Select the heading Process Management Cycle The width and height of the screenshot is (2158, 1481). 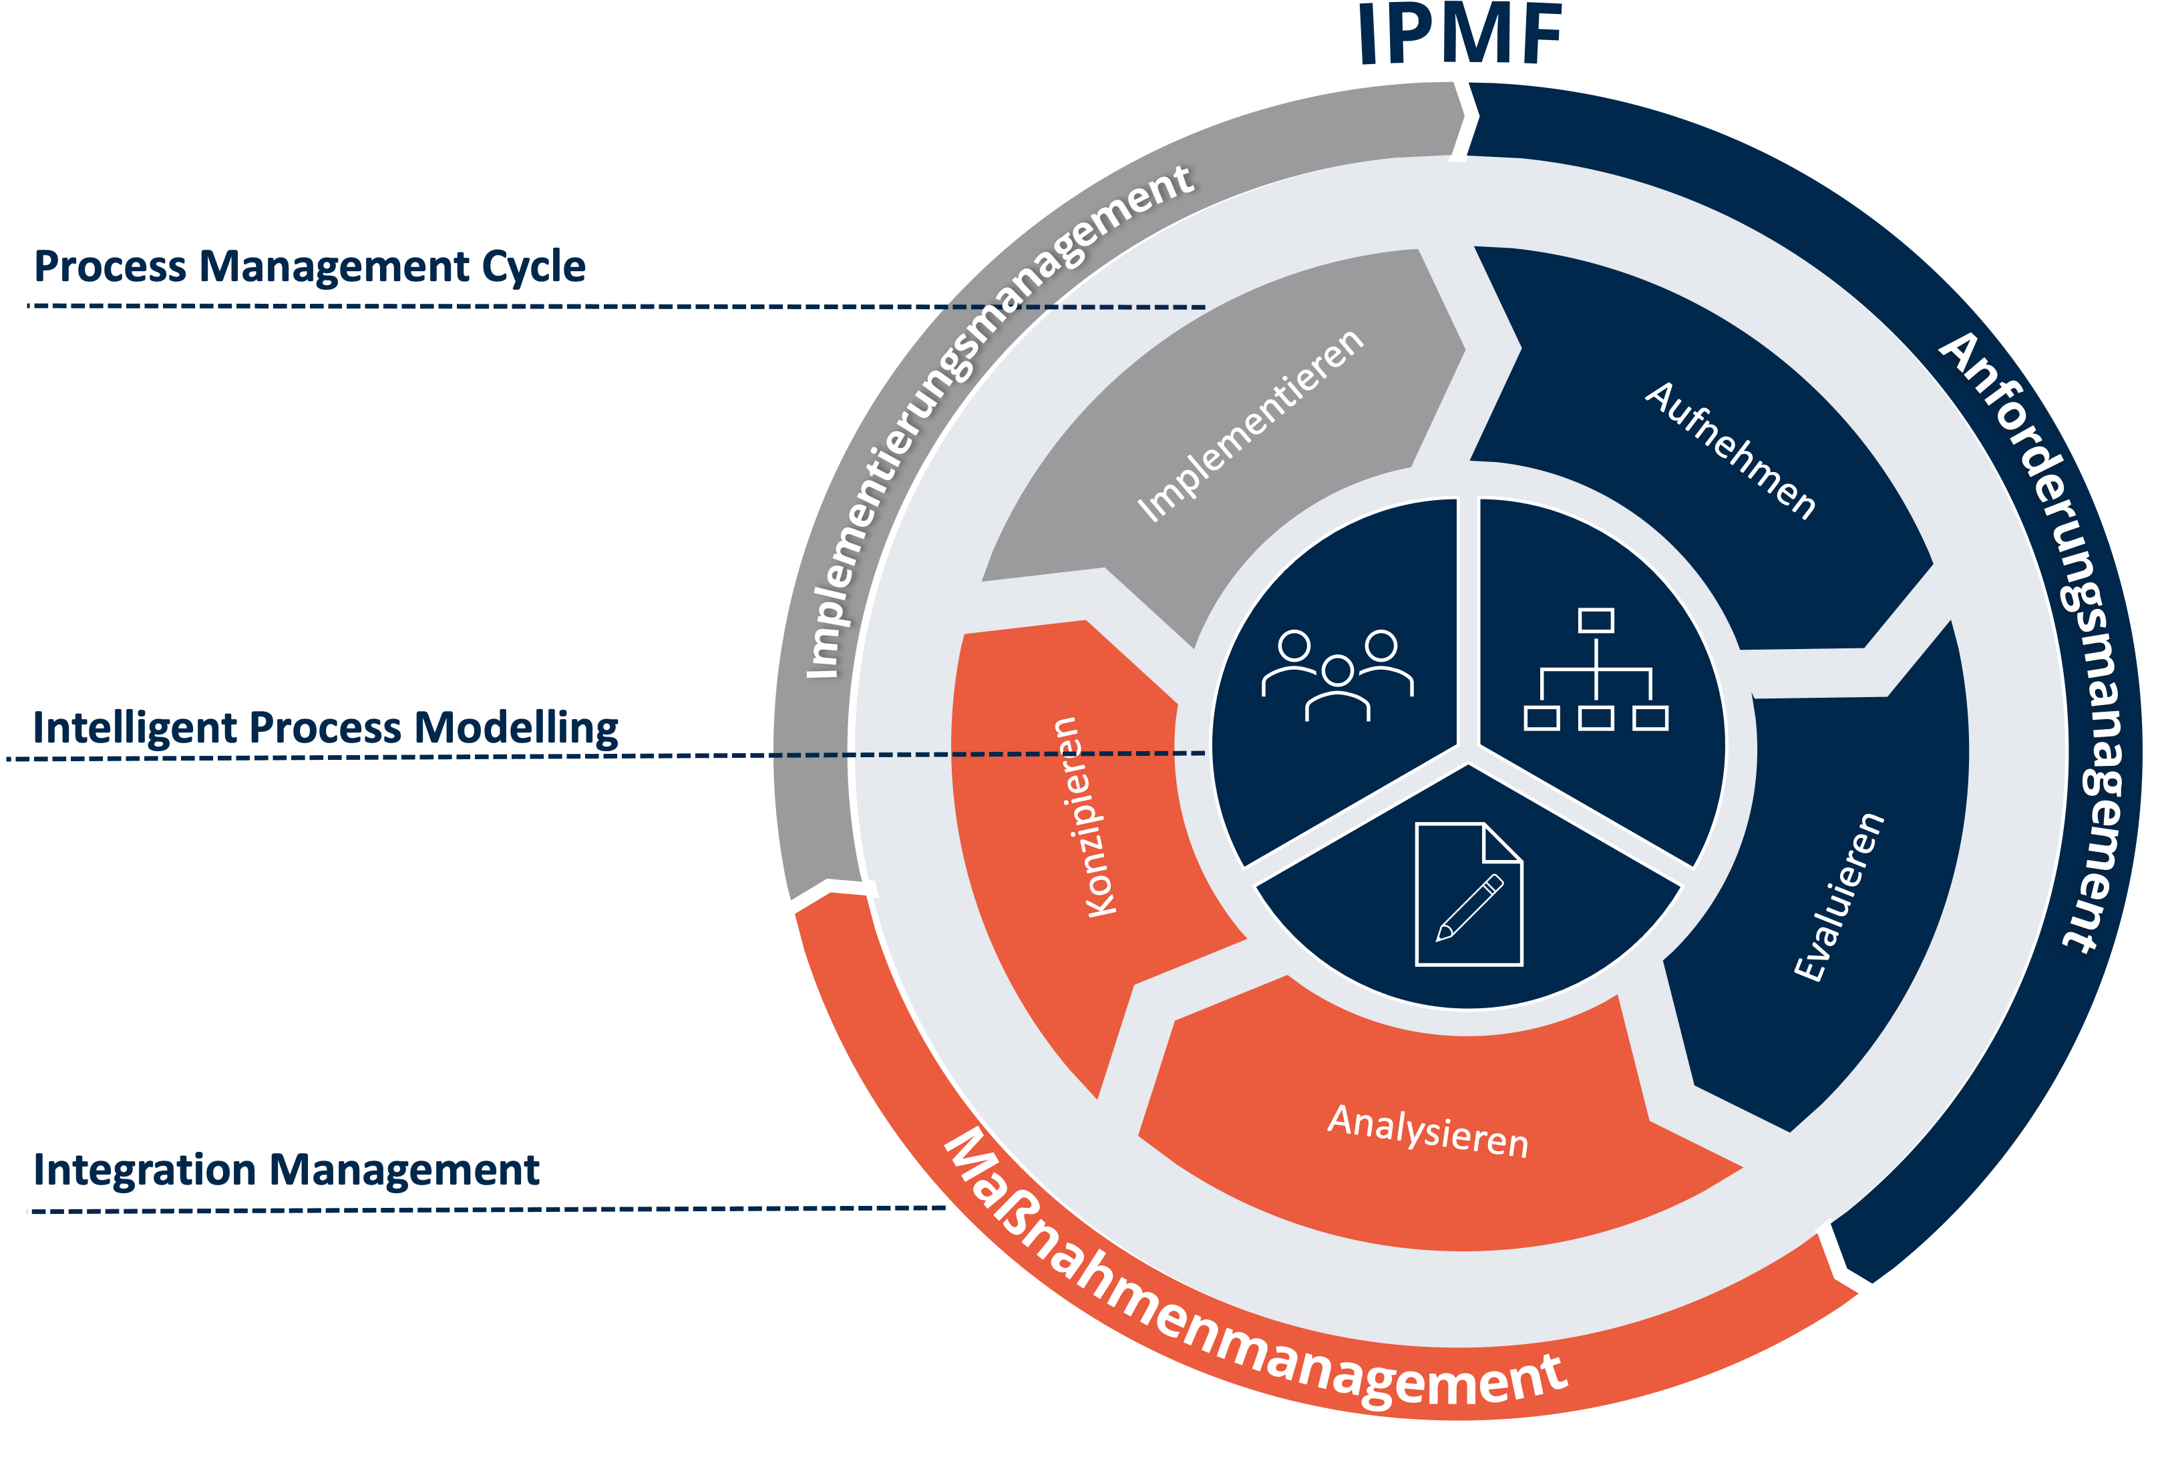(309, 266)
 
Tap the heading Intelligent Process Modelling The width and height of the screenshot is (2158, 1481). (325, 727)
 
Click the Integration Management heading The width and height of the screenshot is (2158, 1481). (286, 1169)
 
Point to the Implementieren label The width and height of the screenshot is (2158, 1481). (1251, 425)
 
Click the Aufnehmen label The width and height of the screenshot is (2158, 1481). (1730, 450)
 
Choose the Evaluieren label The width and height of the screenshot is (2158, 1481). (1839, 896)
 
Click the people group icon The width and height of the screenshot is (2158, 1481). (1337, 675)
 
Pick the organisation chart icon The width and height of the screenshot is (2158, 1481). (1595, 670)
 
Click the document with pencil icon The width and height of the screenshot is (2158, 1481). (1468, 894)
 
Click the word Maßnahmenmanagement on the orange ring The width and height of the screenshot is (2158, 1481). (1244, 1300)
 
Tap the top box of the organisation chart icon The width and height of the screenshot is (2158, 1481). (1595, 620)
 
